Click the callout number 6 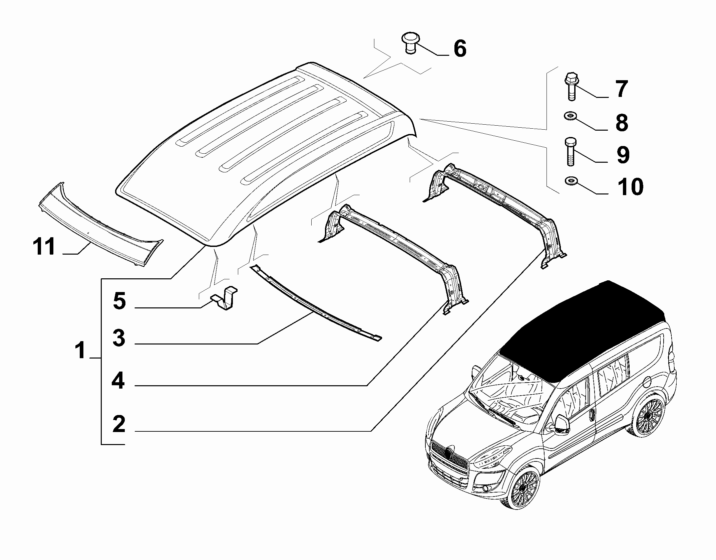click(460, 49)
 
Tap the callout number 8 click(622, 123)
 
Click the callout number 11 click(44, 247)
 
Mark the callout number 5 click(119, 301)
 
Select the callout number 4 click(118, 381)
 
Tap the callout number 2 click(119, 424)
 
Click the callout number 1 click(80, 351)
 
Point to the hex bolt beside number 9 click(570, 151)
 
